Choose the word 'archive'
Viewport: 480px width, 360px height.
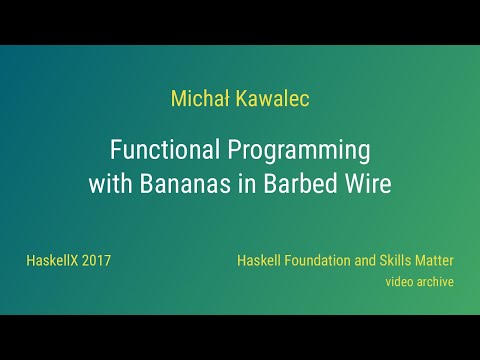[x=436, y=282]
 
